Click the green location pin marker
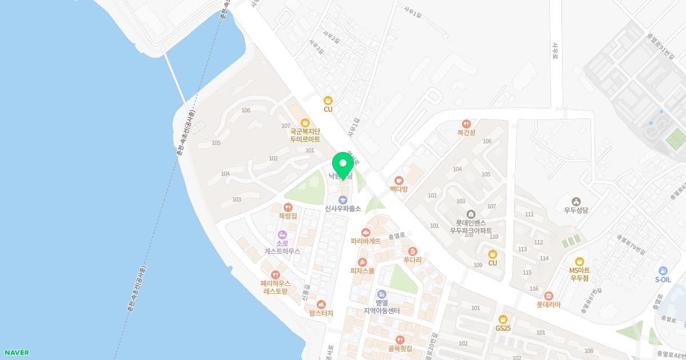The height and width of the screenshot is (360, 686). (x=343, y=165)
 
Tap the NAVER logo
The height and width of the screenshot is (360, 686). (x=16, y=353)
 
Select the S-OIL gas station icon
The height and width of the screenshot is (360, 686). (x=663, y=270)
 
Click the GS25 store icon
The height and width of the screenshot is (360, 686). (x=503, y=319)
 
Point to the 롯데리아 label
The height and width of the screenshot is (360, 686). (x=548, y=305)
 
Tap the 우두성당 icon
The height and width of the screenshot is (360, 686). (x=576, y=201)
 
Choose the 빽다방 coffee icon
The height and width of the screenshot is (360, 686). (x=398, y=181)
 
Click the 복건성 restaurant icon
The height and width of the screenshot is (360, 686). (x=466, y=123)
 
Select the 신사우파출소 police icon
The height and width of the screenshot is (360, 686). (x=343, y=199)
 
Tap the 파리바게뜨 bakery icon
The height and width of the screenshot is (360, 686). (x=366, y=232)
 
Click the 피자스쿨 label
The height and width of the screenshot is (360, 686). (x=362, y=271)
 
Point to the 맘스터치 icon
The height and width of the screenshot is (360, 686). (x=321, y=305)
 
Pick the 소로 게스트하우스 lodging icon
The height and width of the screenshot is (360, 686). (x=282, y=235)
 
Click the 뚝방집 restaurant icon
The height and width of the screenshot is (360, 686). (x=288, y=207)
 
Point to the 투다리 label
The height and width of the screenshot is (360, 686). (x=412, y=260)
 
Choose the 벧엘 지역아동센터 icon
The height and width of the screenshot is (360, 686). (x=381, y=294)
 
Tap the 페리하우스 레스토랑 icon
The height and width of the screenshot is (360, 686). (x=276, y=275)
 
